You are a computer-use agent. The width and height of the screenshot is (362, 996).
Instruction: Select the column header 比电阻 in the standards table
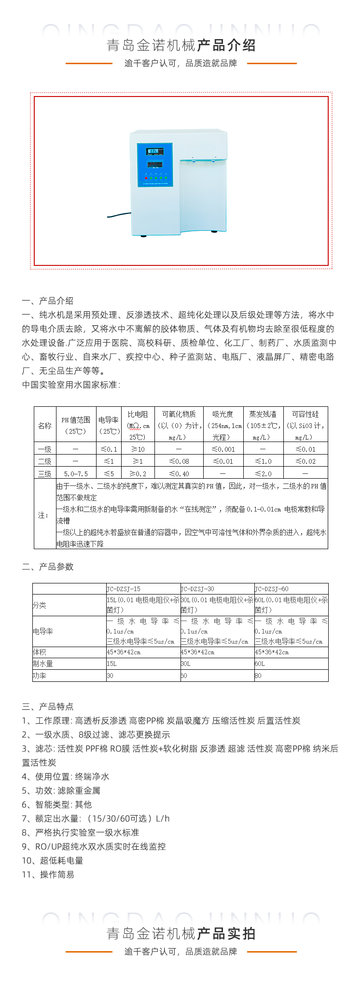coord(138,415)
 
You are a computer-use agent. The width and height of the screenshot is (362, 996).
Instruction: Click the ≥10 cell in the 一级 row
coord(138,449)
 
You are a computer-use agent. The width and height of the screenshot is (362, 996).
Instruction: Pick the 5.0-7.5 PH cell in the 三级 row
coord(76,473)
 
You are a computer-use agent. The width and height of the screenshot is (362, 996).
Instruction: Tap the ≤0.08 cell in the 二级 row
coord(179,461)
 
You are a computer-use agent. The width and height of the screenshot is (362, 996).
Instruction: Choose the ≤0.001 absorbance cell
coord(223,449)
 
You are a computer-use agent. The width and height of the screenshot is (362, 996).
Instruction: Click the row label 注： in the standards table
coord(44,515)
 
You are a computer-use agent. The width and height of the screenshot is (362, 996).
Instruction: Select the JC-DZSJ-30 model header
coord(197,589)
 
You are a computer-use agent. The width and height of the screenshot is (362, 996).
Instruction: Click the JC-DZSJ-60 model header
coord(272,589)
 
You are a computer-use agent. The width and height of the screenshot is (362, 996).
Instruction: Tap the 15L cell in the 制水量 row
coord(111,664)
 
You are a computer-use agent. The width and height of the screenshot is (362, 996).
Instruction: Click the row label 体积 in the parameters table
coord(40,652)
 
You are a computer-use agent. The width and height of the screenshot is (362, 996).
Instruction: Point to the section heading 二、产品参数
coord(48,567)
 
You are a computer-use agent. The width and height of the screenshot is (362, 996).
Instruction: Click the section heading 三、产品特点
coord(48,706)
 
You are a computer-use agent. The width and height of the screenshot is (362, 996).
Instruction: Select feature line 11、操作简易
coord(48,874)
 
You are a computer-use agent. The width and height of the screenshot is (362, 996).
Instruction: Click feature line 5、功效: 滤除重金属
coord(61,790)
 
